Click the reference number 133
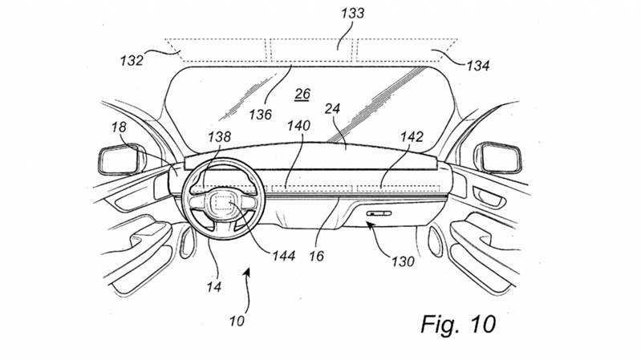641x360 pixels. point(352,13)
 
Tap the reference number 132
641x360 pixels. point(132,61)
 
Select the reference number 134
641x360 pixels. point(478,66)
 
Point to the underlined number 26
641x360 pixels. point(302,95)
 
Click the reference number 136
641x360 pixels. point(261,115)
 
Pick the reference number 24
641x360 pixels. point(332,109)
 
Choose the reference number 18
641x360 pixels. point(119,127)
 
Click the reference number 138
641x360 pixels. point(219,136)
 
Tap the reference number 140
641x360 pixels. point(298,126)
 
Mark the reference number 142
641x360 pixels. point(412,136)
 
